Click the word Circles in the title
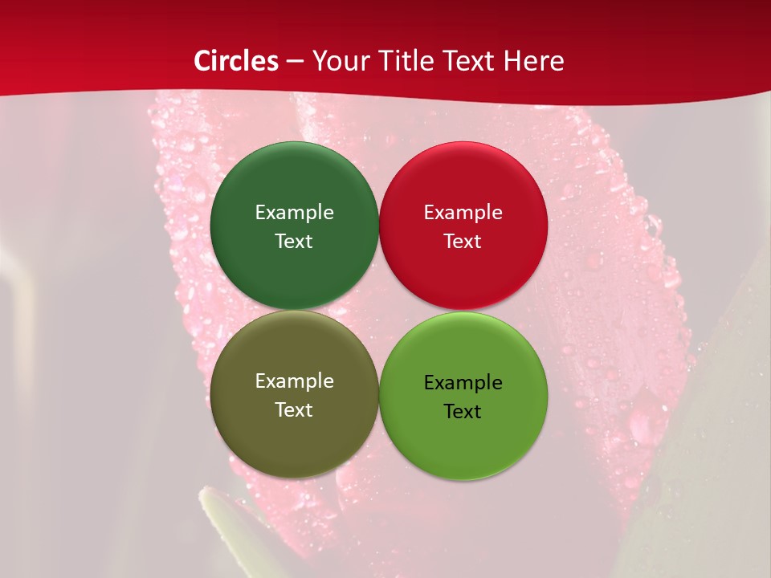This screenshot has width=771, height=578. pyautogui.click(x=235, y=61)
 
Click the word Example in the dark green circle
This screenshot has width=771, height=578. pyautogui.click(x=294, y=213)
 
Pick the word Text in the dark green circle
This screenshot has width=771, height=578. pyautogui.click(x=294, y=242)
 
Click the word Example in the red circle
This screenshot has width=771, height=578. pyautogui.click(x=463, y=213)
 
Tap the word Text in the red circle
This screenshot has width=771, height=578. pyautogui.click(x=463, y=242)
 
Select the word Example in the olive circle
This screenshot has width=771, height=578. pyautogui.click(x=294, y=381)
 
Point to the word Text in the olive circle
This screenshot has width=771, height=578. pyautogui.click(x=294, y=410)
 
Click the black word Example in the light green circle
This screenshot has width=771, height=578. pyautogui.click(x=463, y=383)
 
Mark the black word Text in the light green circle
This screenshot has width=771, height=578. pyautogui.click(x=463, y=412)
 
